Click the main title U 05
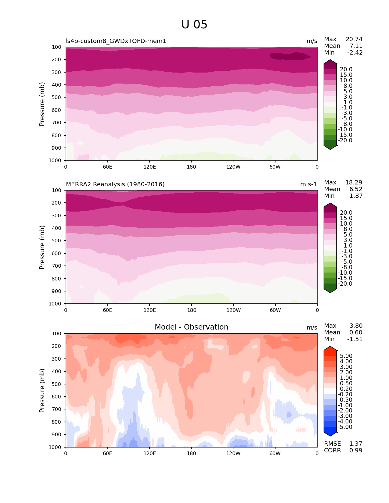[194, 25]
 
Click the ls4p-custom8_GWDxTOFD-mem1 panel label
[116, 41]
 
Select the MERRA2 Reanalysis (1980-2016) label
[115, 184]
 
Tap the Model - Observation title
[191, 327]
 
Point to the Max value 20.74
[354, 39]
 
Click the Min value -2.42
[355, 53]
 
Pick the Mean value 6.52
[356, 189]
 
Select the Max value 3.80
[356, 326]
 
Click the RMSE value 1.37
[356, 444]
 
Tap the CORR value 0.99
[356, 451]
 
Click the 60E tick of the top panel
[107, 167]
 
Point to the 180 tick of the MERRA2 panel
[191, 310]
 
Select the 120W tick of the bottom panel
[233, 453]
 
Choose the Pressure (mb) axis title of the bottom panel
[42, 390]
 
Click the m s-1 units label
[308, 184]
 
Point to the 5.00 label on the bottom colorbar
[346, 356]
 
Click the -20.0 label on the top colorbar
[345, 141]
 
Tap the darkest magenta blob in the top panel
[290, 56]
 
